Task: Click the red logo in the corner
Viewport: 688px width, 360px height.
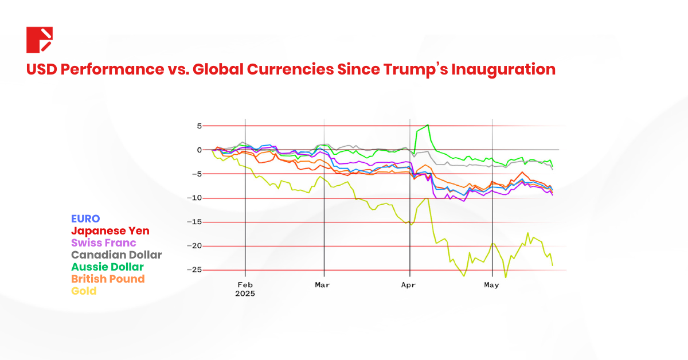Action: pyautogui.click(x=40, y=40)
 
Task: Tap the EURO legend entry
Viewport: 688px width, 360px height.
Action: pyautogui.click(x=85, y=218)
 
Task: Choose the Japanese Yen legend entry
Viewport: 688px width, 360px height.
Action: pyautogui.click(x=110, y=230)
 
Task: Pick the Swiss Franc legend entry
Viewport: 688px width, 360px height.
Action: pyautogui.click(x=103, y=242)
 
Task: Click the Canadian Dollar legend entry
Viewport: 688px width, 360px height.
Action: pyautogui.click(x=116, y=255)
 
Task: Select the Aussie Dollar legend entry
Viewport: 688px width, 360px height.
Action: pyautogui.click(x=107, y=267)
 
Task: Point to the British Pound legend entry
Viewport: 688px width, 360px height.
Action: pyautogui.click(x=108, y=279)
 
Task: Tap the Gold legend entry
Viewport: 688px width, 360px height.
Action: pyautogui.click(x=84, y=291)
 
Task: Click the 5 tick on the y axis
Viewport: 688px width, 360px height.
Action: pyautogui.click(x=199, y=126)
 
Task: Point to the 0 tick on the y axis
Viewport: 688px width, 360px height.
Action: pyautogui.click(x=199, y=150)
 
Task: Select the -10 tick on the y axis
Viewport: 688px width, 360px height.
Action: pyautogui.click(x=195, y=198)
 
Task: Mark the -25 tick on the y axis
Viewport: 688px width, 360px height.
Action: pyautogui.click(x=195, y=270)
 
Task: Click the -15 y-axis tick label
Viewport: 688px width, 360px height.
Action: pyautogui.click(x=195, y=222)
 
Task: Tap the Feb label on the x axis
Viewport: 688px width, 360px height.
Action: pyautogui.click(x=245, y=284)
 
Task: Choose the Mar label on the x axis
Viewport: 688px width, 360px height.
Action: pyautogui.click(x=323, y=284)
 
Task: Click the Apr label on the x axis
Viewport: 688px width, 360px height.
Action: pyautogui.click(x=409, y=284)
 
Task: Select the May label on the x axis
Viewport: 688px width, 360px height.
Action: pyautogui.click(x=492, y=284)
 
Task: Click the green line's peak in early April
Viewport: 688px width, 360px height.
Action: pyautogui.click(x=428, y=125)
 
